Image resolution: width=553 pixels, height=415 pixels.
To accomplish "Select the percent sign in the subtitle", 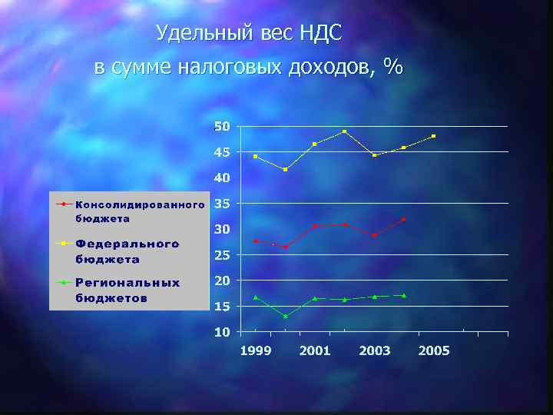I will click(393, 67).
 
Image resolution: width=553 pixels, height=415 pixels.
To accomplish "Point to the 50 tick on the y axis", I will click(222, 126).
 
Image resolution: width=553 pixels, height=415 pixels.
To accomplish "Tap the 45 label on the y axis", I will click(222, 152).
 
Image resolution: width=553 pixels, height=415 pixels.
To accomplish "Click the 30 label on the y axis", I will click(222, 229).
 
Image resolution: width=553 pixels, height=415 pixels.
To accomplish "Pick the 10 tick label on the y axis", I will click(222, 332).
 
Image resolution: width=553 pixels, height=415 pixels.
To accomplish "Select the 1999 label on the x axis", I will click(255, 350).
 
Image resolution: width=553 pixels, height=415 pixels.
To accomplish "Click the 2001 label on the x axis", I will click(315, 350).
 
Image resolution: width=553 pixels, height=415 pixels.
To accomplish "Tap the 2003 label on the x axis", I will click(375, 350).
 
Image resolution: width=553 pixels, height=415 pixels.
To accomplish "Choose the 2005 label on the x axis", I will click(434, 350).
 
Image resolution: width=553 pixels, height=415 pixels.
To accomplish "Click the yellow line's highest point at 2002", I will click(345, 131).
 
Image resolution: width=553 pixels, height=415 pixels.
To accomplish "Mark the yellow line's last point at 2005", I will click(434, 136).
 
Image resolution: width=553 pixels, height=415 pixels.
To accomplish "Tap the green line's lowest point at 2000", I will click(285, 317).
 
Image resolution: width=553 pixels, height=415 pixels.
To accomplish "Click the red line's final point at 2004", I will click(404, 220).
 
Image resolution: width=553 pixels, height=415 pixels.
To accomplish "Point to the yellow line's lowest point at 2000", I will click(285, 169).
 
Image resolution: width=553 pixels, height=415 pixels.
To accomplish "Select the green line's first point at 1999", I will click(256, 297).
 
